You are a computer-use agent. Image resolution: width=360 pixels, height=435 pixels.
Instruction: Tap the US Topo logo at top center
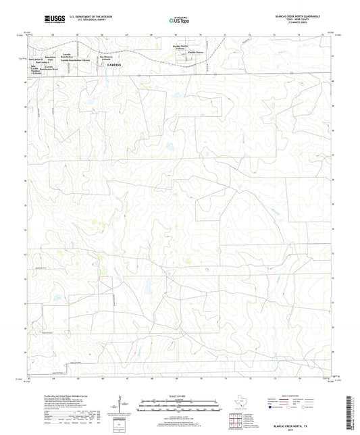[x=178, y=20]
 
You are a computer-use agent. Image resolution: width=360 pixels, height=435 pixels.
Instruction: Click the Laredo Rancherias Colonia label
[x=77, y=60]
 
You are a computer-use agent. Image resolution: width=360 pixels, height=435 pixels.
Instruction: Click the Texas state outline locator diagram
[x=236, y=403]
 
